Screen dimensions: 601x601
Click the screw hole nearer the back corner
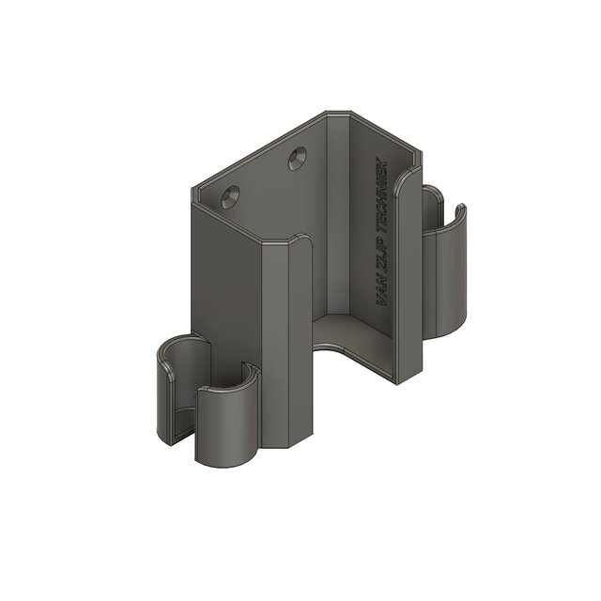(298, 158)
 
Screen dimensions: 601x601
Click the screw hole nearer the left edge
(229, 196)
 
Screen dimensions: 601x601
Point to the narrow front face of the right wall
(408, 282)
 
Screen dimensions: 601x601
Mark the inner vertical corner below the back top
(329, 216)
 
